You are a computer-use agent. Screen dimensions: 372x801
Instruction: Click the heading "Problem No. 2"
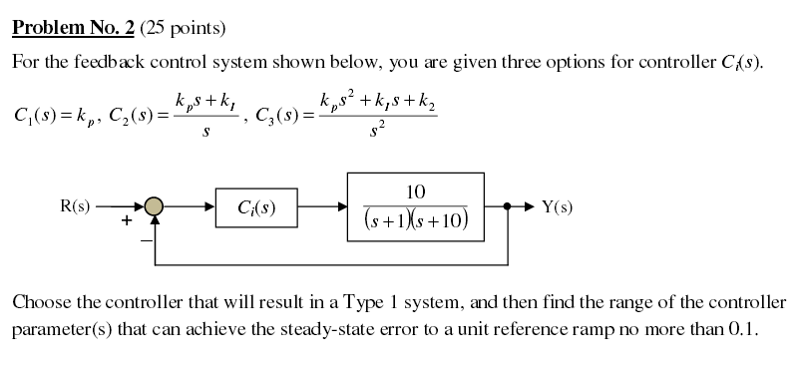(x=72, y=25)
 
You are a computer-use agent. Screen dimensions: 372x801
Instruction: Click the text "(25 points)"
(x=183, y=25)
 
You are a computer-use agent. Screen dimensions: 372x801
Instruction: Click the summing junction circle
(x=154, y=207)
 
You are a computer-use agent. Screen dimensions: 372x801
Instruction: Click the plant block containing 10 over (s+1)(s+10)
(x=415, y=207)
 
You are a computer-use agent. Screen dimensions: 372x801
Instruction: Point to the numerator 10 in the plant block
(x=417, y=191)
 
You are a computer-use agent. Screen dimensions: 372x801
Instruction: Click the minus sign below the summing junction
(x=143, y=239)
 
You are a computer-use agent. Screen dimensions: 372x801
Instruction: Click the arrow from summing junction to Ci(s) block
(x=190, y=207)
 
